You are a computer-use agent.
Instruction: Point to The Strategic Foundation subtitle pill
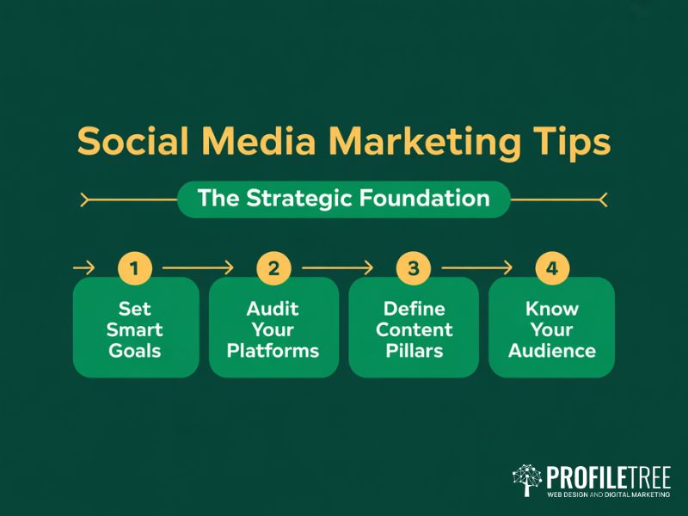pyautogui.click(x=343, y=199)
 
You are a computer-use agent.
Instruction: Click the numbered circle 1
pyautogui.click(x=133, y=268)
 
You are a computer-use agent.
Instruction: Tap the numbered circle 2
pyautogui.click(x=273, y=268)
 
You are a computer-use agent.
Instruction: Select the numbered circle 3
pyautogui.click(x=413, y=268)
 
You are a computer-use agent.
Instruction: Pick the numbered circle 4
pyautogui.click(x=552, y=268)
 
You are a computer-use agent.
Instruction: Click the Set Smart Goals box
pyautogui.click(x=136, y=329)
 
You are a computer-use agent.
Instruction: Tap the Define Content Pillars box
pyautogui.click(x=414, y=329)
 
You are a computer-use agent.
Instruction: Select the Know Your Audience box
pyautogui.click(x=552, y=329)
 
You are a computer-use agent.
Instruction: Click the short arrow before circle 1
pyautogui.click(x=83, y=268)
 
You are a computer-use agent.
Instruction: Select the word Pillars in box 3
pyautogui.click(x=414, y=350)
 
